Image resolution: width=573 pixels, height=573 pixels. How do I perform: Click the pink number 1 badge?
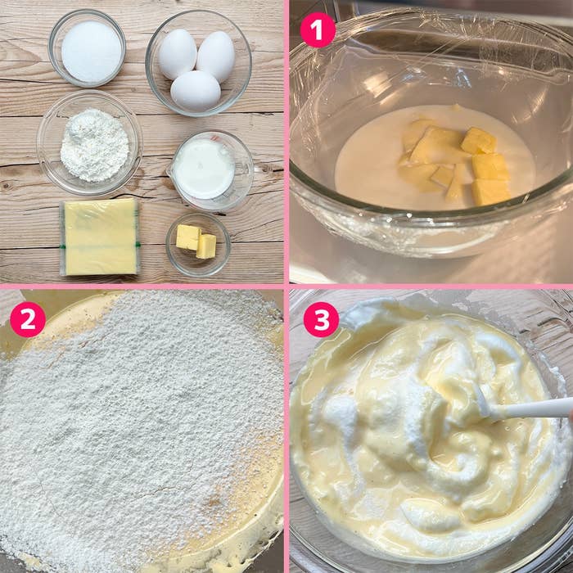(318, 30)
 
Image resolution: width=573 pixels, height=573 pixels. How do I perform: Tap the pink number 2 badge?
(27, 319)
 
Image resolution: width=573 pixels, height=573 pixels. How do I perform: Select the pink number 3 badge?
(321, 319)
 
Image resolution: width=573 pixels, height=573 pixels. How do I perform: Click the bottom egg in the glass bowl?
(195, 90)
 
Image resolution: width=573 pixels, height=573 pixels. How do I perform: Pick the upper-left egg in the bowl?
(177, 53)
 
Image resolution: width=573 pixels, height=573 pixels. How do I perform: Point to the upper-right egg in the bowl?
(216, 56)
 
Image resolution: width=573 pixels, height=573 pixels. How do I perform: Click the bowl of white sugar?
(90, 51)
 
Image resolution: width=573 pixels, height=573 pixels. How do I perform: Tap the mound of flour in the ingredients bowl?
(94, 145)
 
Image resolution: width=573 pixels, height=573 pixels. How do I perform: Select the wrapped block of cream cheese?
(101, 237)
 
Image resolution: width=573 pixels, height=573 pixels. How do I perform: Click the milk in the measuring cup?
(205, 168)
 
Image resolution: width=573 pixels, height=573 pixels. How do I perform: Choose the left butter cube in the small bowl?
(187, 237)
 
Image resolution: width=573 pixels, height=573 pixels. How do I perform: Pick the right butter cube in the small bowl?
(206, 245)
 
